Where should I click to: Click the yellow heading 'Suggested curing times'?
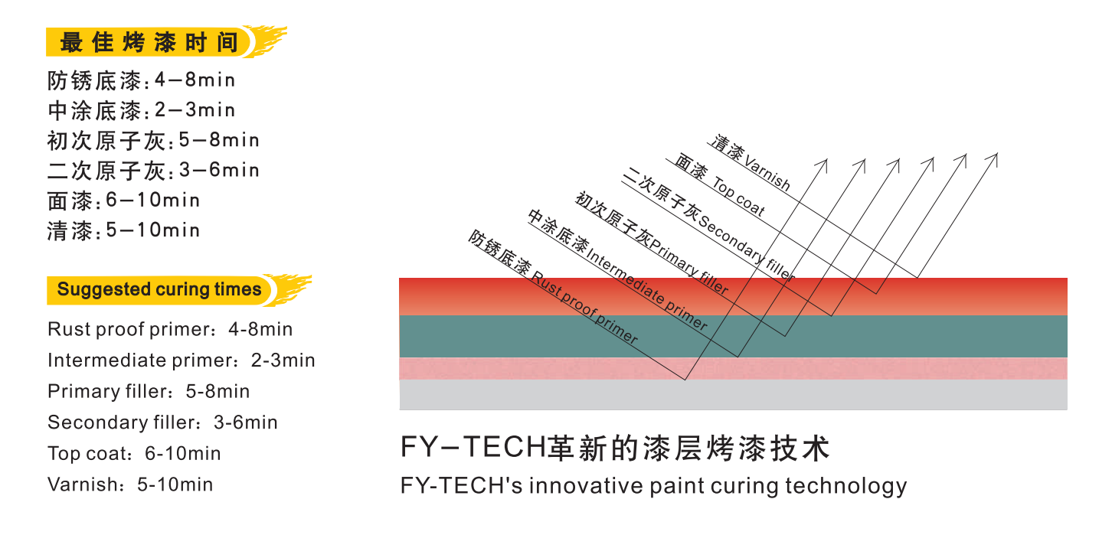pos(159,289)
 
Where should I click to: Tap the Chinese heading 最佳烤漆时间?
pos(149,42)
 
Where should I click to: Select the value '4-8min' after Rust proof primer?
pos(260,329)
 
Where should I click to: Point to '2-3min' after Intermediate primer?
pos(283,360)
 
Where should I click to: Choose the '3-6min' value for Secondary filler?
pos(245,422)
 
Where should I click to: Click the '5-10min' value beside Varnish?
pos(175,484)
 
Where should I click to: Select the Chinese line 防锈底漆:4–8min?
pos(141,80)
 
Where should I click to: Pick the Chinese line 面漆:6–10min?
pos(123,201)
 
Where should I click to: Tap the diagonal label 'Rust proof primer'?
pos(584,308)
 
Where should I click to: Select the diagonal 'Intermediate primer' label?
pos(646,288)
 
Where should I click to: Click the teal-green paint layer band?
pos(733,336)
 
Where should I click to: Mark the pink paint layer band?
pos(733,368)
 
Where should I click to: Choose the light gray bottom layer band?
pos(733,395)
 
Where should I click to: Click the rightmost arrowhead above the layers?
pos(992,160)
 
